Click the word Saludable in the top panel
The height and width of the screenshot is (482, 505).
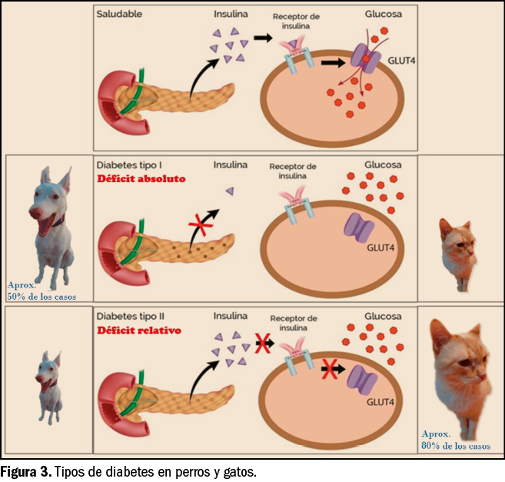coord(121,15)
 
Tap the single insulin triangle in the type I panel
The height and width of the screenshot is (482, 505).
coord(228,191)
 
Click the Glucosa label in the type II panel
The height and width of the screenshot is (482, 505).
coord(382,316)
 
